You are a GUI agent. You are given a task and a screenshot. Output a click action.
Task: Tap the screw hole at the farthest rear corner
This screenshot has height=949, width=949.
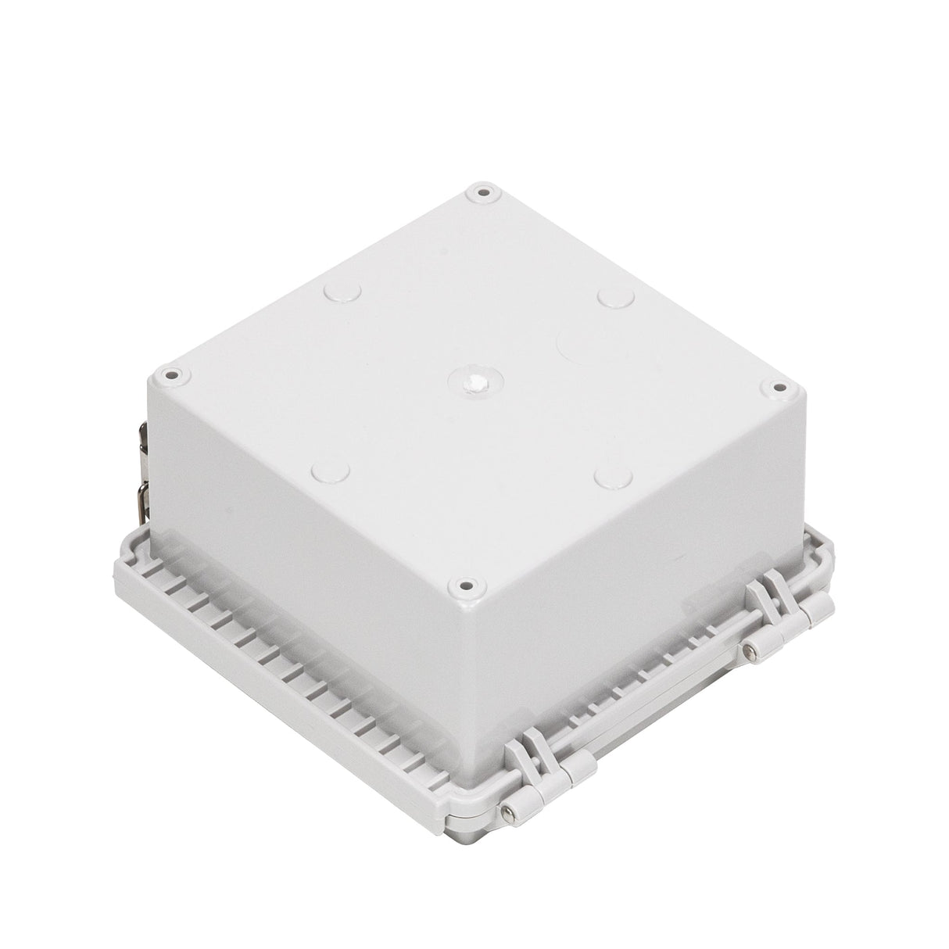click(x=482, y=192)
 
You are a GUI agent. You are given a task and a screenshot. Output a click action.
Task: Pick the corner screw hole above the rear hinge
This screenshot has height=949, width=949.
click(x=778, y=386)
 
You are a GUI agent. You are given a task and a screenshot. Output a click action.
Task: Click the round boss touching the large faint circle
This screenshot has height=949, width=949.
click(x=615, y=298)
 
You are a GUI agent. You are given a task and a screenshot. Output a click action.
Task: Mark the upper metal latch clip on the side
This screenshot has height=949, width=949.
click(x=141, y=431)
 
